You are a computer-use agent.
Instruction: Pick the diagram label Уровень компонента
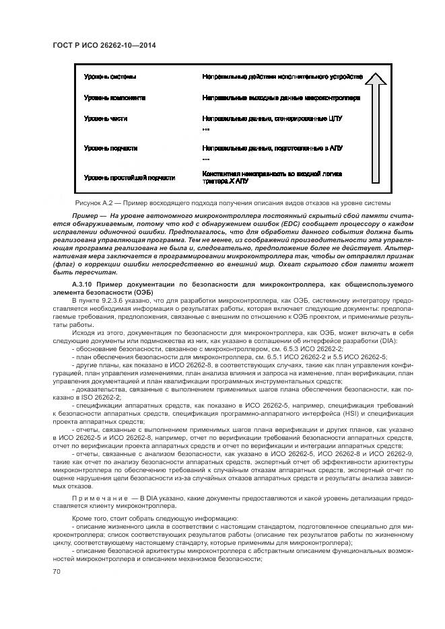click(114, 98)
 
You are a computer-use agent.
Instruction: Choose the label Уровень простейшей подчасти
click(129, 178)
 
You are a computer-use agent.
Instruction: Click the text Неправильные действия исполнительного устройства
click(282, 77)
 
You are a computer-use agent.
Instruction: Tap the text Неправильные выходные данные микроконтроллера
click(281, 98)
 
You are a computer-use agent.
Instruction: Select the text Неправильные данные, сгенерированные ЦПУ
click(272, 118)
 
